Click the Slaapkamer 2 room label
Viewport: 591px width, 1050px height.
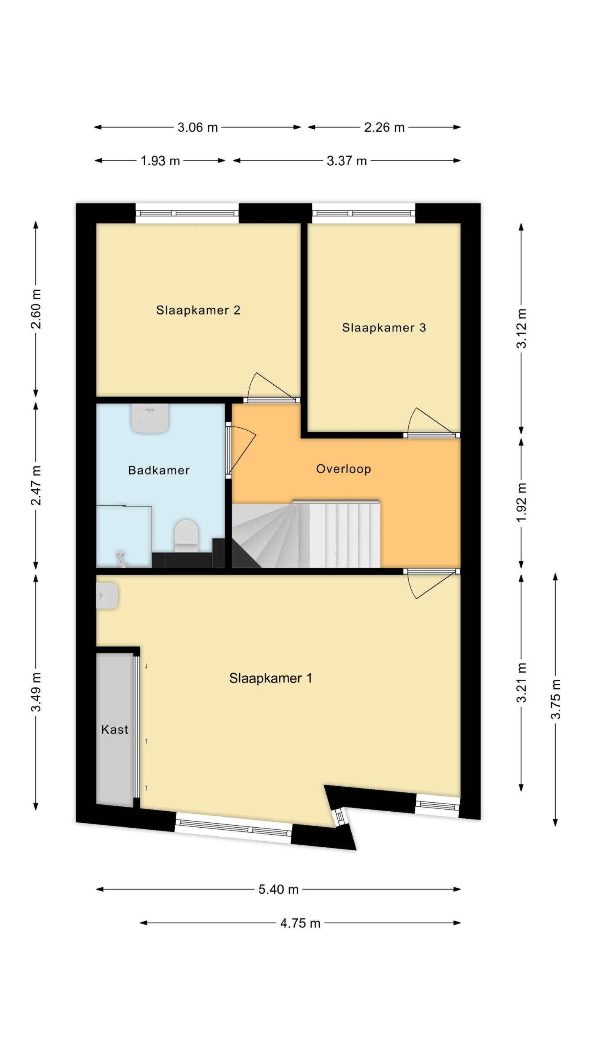[198, 310]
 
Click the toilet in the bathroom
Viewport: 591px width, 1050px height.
[186, 536]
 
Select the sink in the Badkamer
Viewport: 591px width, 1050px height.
[150, 418]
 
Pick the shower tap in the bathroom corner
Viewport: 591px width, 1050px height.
[121, 559]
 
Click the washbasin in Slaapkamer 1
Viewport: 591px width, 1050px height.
[107, 596]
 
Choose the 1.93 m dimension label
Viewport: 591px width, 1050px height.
[160, 161]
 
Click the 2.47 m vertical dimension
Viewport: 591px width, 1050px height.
[36, 486]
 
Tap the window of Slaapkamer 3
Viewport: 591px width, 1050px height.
[364, 213]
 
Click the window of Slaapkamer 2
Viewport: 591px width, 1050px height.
[187, 213]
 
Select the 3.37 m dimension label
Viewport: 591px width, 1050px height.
[346, 161]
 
